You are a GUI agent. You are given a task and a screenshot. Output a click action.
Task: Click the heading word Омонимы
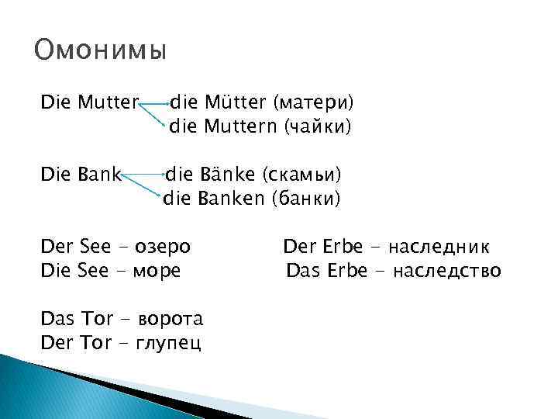point(101,52)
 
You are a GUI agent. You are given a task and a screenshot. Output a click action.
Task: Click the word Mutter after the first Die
point(106,102)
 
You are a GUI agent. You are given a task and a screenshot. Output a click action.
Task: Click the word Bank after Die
point(97,175)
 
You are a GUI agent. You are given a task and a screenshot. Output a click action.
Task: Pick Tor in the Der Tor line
point(96,343)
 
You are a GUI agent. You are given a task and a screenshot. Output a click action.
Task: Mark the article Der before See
point(57,248)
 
